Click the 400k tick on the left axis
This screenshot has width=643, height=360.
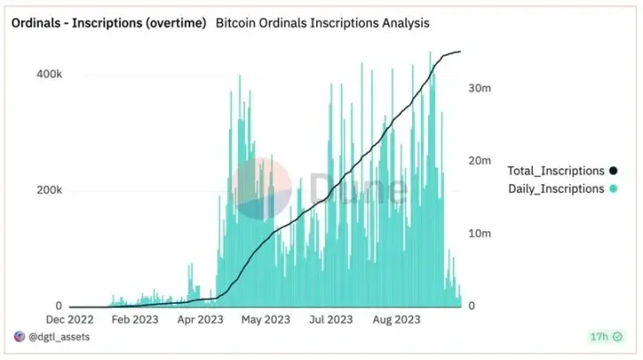(x=48, y=75)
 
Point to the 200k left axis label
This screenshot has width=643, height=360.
(x=48, y=190)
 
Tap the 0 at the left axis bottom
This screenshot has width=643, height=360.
(x=58, y=305)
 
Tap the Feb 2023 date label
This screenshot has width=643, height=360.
(x=135, y=320)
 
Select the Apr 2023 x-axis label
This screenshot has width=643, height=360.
(x=201, y=320)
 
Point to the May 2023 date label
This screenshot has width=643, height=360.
(x=265, y=320)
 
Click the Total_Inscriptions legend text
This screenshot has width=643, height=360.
(x=556, y=171)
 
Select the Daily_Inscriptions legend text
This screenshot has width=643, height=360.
(x=556, y=188)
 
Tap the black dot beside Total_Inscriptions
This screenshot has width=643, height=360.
(x=613, y=171)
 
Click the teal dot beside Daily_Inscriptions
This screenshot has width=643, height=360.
(x=613, y=188)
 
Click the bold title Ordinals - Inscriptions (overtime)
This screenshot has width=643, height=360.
(x=108, y=21)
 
